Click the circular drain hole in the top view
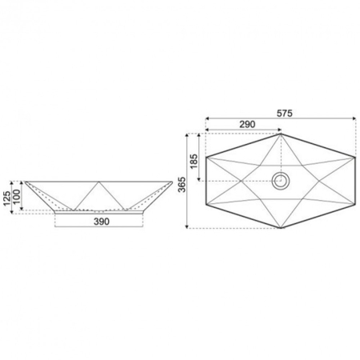[280, 181]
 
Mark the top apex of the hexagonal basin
[280, 134]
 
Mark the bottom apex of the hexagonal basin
[280, 229]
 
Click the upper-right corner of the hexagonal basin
[354, 156]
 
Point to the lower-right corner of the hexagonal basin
[354, 206]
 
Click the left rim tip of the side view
[25, 181]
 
